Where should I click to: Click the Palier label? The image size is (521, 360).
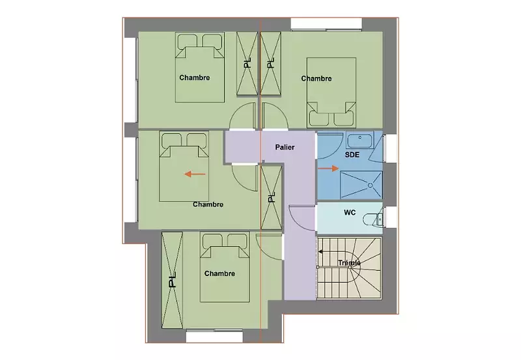285,147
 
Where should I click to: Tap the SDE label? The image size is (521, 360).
352,155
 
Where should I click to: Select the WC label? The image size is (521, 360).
350,212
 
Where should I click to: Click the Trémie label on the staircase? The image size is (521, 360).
349,263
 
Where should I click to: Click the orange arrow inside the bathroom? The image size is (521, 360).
328,169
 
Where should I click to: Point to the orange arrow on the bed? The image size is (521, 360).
195,174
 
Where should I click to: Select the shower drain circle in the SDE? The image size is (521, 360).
370,186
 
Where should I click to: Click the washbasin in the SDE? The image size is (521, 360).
360,140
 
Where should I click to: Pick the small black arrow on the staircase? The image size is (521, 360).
320,252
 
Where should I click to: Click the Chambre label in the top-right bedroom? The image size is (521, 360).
317,79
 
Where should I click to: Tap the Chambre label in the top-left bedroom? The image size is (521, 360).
194,77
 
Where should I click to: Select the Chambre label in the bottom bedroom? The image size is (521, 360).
219,273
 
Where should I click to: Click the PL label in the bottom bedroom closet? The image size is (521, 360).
172,280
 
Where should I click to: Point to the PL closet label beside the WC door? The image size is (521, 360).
272,198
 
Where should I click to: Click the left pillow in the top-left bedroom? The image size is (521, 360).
188,41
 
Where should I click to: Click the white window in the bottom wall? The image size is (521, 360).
214,336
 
